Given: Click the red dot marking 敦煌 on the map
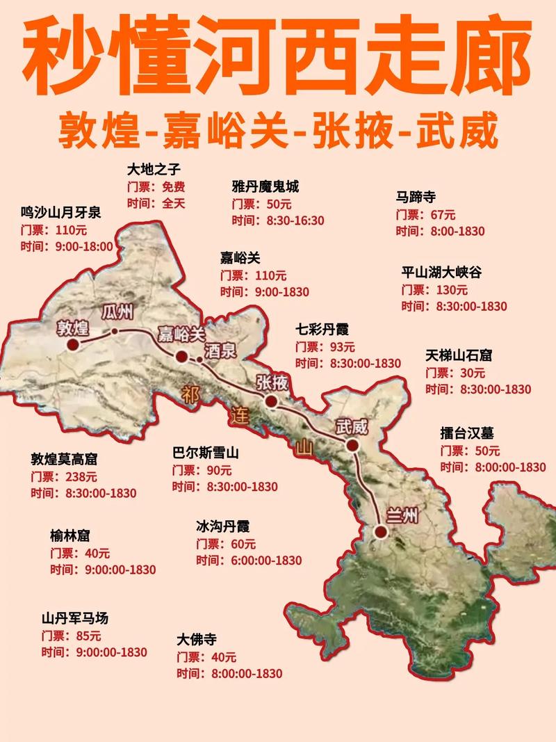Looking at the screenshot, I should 72,344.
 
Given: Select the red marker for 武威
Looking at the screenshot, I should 353,445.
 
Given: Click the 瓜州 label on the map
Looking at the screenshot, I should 117,312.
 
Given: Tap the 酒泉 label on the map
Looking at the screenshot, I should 220,350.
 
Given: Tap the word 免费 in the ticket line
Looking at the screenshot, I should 174,186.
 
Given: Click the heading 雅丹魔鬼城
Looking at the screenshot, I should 265,186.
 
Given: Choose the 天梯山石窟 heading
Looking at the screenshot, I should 459,355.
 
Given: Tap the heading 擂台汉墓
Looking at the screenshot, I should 467,433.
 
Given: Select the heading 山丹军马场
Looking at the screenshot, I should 75,618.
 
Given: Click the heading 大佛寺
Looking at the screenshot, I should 197,639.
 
